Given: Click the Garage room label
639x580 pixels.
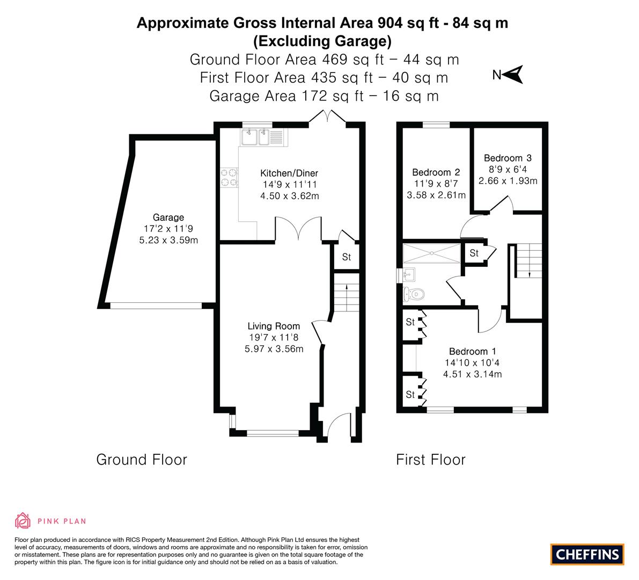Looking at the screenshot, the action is point(168,218).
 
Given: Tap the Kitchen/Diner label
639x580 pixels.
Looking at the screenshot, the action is point(289,173).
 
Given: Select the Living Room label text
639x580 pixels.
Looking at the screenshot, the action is point(274,327).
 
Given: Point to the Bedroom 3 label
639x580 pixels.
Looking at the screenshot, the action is point(508,158).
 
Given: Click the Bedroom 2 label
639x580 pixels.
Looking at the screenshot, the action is point(436,172).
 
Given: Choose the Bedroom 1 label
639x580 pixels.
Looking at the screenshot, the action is point(472,351).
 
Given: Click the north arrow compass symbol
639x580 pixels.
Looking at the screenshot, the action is point(513,75).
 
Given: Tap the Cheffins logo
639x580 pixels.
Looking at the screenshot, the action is point(587,554).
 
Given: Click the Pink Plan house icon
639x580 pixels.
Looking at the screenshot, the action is point(23,520).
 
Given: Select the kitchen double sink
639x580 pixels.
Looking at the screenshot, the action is point(255,137).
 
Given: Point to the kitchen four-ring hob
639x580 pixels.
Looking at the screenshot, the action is point(229,177).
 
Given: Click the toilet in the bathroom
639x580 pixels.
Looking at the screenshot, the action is point(414,294).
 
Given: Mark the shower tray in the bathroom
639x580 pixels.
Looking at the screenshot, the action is point(432,253).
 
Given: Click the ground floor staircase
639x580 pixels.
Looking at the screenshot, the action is point(347,292).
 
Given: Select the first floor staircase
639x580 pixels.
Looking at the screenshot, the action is point(528,260).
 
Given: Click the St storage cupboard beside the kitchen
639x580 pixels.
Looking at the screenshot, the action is point(347,257).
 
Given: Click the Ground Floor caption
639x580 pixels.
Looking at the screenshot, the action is point(142,460).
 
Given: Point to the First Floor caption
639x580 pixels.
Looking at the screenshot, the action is point(430,460).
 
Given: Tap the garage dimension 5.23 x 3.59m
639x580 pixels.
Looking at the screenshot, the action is point(168,240).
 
